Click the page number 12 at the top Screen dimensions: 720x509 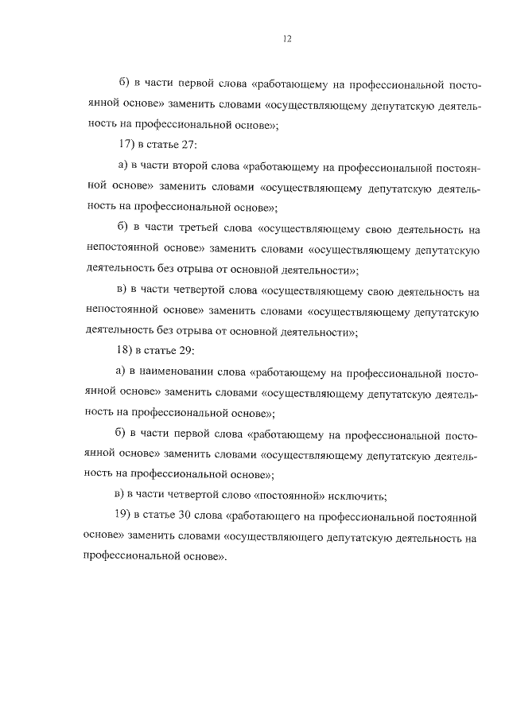point(286,37)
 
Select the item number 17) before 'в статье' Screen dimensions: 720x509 point(126,146)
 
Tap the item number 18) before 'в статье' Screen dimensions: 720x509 point(126,350)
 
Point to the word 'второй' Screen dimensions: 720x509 point(190,167)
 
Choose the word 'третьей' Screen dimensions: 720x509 point(195,229)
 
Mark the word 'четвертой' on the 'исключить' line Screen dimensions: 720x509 point(193,494)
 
